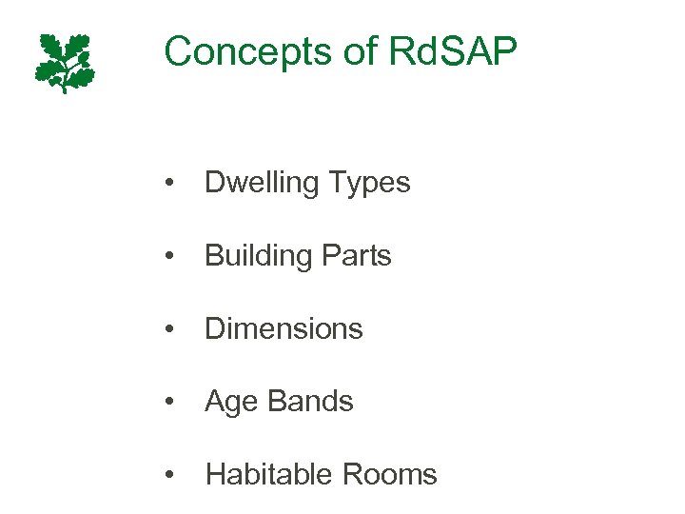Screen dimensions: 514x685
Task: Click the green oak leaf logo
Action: tap(66, 62)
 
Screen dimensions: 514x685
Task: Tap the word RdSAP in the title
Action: tap(454, 51)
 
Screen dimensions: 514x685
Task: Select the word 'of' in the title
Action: tap(360, 51)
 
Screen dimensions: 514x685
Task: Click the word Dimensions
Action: tap(284, 328)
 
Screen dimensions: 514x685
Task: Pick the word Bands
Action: tap(309, 402)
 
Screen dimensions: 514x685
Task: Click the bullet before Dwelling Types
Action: tap(168, 183)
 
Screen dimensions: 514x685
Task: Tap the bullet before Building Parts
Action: tap(168, 256)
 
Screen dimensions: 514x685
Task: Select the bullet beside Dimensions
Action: tap(168, 329)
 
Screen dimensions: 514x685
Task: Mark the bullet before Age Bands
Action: tap(168, 403)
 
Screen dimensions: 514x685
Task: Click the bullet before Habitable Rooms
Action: tap(168, 475)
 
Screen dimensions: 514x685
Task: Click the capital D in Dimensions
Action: tap(215, 328)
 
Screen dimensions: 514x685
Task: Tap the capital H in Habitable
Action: tap(215, 474)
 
